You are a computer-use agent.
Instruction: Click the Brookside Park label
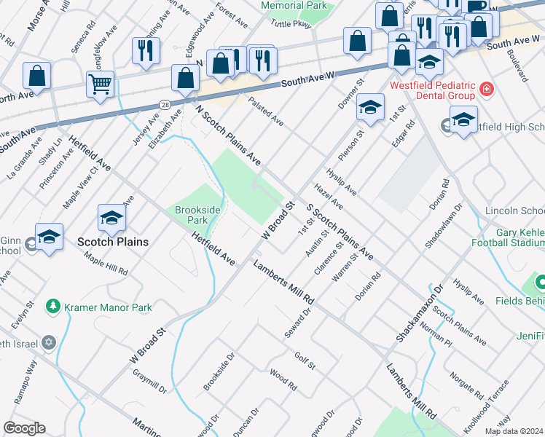pyautogui.click(x=197, y=214)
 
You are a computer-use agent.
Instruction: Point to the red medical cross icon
pyautogui.click(x=486, y=91)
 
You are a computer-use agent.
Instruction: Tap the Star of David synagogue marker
pyautogui.click(x=49, y=342)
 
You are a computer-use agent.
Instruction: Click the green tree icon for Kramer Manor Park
pyautogui.click(x=52, y=307)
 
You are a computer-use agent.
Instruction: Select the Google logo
pyautogui.click(x=24, y=428)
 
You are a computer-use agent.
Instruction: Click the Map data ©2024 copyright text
pyautogui.click(x=514, y=431)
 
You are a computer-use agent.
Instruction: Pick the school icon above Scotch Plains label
pyautogui.click(x=112, y=217)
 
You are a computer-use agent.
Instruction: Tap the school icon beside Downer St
pyautogui.click(x=370, y=108)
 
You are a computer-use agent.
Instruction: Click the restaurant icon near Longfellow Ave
pyautogui.click(x=145, y=50)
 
